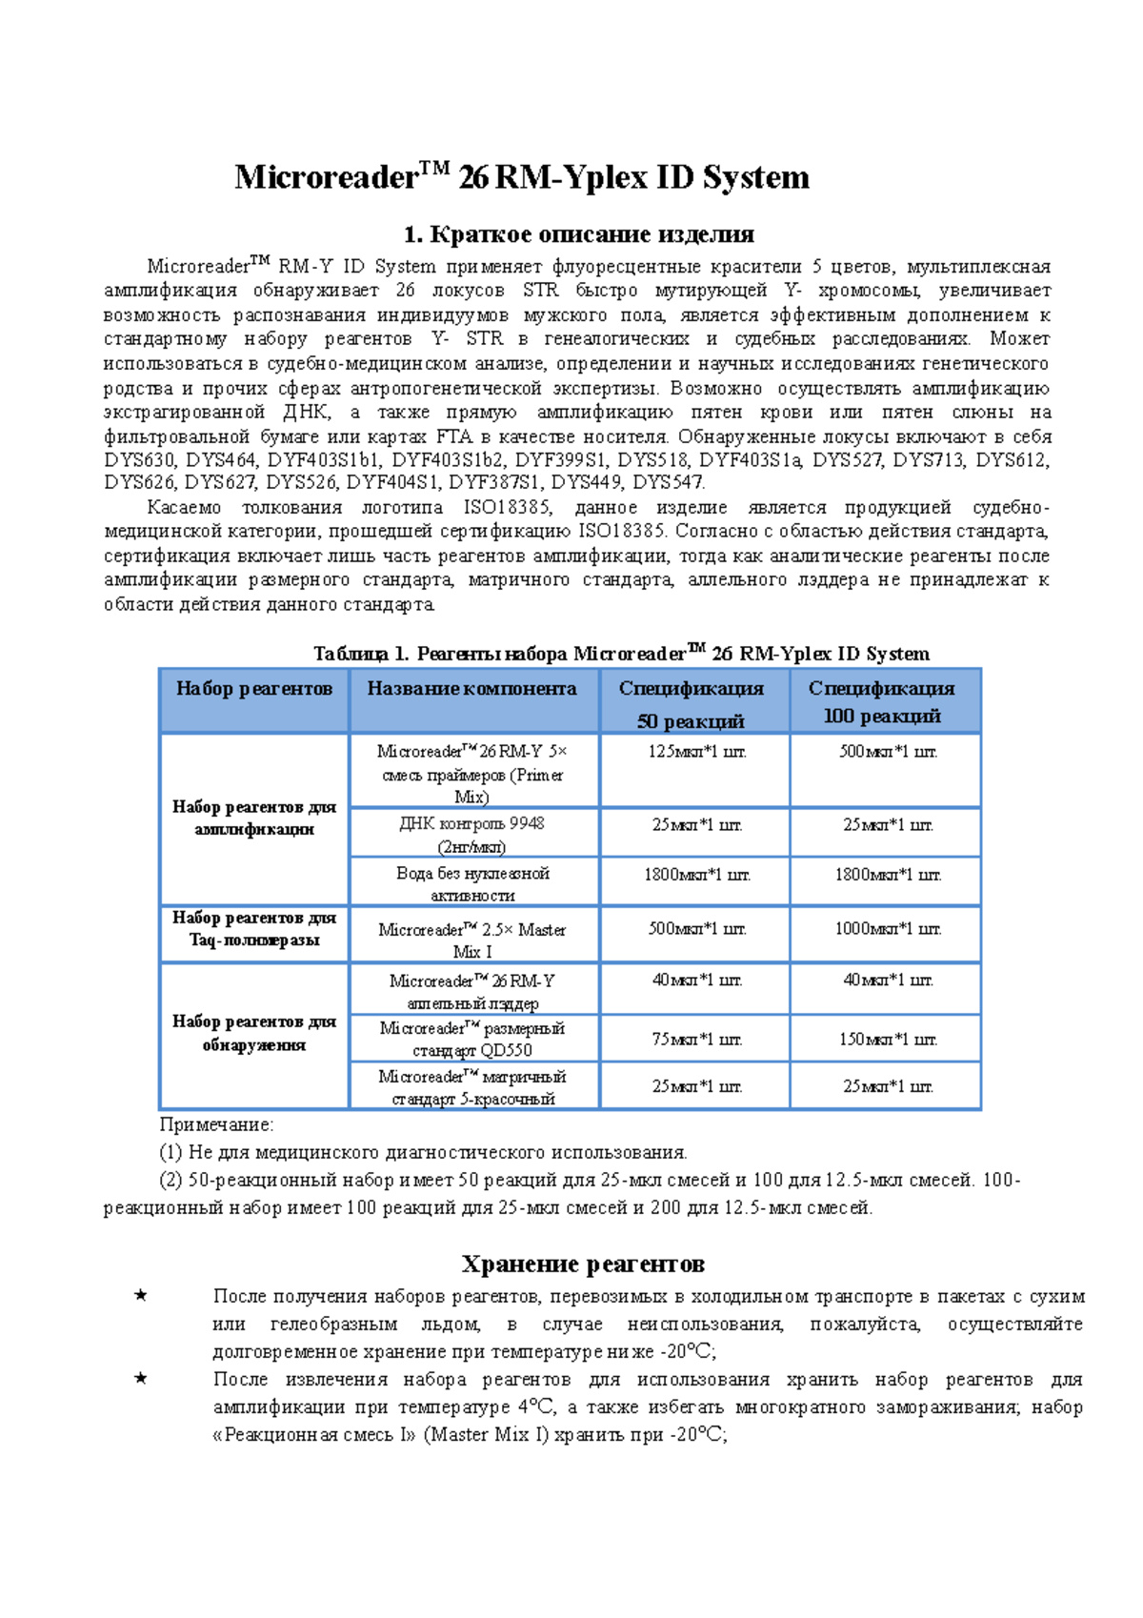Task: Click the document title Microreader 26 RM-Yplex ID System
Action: point(522,177)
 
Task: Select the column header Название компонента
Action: point(472,689)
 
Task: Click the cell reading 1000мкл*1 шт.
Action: point(887,929)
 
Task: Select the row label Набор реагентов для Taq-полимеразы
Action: point(253,929)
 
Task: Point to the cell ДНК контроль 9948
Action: point(472,834)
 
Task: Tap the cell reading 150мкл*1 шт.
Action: point(887,1040)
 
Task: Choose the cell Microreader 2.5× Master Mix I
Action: point(472,940)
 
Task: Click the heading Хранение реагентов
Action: point(583,1264)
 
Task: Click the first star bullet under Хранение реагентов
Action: point(141,1296)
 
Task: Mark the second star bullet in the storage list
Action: point(141,1379)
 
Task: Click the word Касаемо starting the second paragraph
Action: point(184,508)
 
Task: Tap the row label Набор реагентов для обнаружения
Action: point(253,1033)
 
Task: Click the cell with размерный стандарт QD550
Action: point(472,1039)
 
